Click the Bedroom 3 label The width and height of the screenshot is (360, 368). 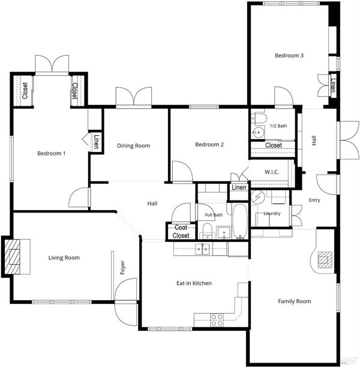(x=289, y=56)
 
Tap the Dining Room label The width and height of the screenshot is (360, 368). (x=133, y=146)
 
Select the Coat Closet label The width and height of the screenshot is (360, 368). (x=181, y=231)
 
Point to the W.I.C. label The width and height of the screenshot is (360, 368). (x=272, y=172)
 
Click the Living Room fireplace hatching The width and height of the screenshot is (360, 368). (x=13, y=257)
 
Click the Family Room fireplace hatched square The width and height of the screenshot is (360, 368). (x=325, y=260)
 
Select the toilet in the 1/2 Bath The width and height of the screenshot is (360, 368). (x=260, y=118)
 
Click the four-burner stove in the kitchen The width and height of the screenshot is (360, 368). (x=217, y=321)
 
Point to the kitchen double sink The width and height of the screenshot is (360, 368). (x=202, y=249)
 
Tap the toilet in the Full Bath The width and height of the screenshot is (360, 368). (x=207, y=231)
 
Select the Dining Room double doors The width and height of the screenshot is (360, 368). (x=134, y=96)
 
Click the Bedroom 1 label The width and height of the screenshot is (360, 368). (x=52, y=154)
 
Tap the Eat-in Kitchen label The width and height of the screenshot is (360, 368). (x=194, y=283)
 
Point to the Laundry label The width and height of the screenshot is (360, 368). (x=272, y=213)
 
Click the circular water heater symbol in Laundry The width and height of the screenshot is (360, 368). (x=258, y=196)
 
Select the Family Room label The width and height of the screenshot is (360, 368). (x=295, y=301)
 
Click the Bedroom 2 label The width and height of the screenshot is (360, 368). (x=209, y=145)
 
